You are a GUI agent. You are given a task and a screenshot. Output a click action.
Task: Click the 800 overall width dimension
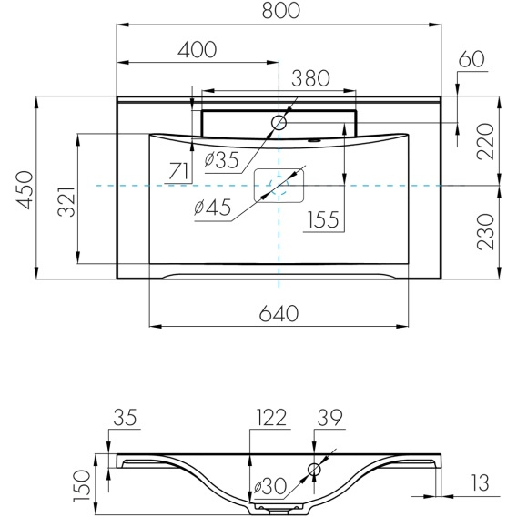click(281, 10)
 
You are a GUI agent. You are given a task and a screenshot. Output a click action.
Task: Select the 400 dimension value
click(198, 50)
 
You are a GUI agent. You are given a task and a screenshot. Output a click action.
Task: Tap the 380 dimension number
click(310, 78)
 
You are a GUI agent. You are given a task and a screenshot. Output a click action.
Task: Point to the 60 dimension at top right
click(471, 59)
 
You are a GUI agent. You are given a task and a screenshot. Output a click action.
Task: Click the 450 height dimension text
click(25, 190)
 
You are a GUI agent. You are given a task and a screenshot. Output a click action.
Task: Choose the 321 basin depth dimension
click(66, 202)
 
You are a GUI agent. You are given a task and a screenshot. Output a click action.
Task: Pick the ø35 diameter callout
click(221, 160)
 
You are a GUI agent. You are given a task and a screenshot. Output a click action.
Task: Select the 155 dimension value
click(323, 219)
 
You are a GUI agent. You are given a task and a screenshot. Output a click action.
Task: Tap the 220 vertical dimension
click(486, 141)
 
